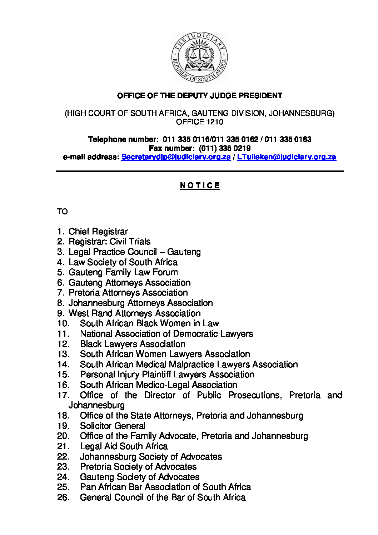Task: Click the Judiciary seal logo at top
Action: click(x=199, y=57)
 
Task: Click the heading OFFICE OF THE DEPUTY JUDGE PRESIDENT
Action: click(x=199, y=96)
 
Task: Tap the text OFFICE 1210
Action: click(x=199, y=122)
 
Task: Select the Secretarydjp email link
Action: click(x=176, y=157)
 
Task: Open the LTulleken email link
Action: click(x=287, y=157)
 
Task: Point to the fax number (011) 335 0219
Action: click(x=224, y=148)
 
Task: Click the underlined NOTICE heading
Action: click(x=200, y=185)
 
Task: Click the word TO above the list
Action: click(x=62, y=212)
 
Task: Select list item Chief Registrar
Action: click(x=98, y=232)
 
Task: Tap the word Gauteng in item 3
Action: click(x=184, y=252)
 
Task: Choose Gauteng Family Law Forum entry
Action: click(x=123, y=272)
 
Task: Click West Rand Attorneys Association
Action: click(x=134, y=313)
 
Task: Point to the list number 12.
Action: click(x=63, y=344)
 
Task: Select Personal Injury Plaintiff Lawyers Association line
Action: click(x=167, y=375)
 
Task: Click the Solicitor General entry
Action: click(x=113, y=426)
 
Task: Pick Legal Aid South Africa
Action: click(x=124, y=446)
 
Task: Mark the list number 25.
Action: click(x=63, y=487)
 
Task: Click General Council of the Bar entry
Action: click(x=163, y=497)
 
